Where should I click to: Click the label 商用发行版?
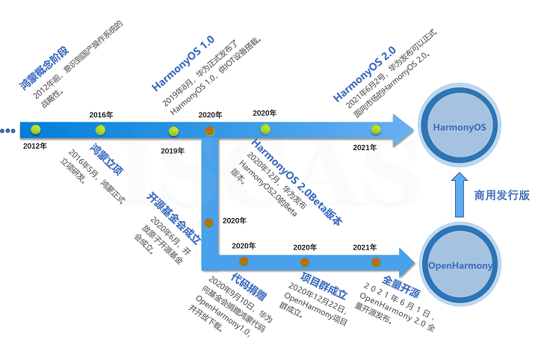501,195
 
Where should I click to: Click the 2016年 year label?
101,114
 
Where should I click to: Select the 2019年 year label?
173,150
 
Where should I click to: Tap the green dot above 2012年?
34,130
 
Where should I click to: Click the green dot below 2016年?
101,130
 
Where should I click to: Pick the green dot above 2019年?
173,131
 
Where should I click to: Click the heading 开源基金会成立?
174,219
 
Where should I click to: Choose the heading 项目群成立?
311,288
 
